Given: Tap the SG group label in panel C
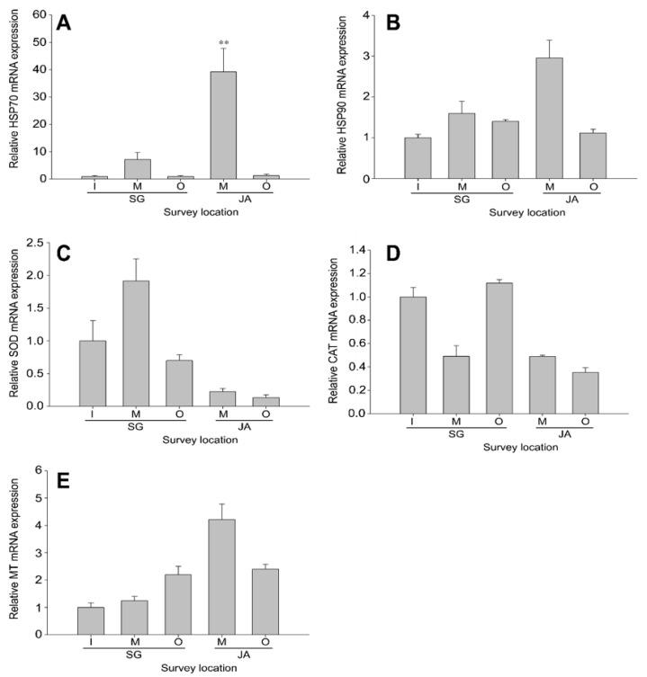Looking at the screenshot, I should (x=135, y=431).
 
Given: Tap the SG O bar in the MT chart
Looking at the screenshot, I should (x=179, y=604).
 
